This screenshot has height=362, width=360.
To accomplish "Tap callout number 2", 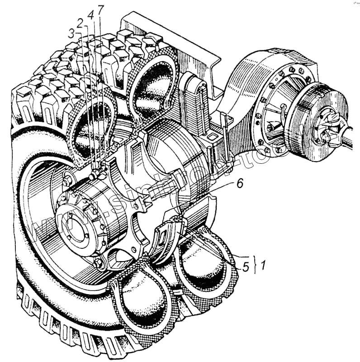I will [x=80, y=23].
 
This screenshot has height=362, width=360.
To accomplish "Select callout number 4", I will [x=91, y=14].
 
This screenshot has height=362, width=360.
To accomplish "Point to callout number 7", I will [x=100, y=10].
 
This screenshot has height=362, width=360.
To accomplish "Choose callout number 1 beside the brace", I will [x=262, y=263].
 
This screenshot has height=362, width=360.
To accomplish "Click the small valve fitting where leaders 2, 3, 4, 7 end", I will [x=96, y=174].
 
